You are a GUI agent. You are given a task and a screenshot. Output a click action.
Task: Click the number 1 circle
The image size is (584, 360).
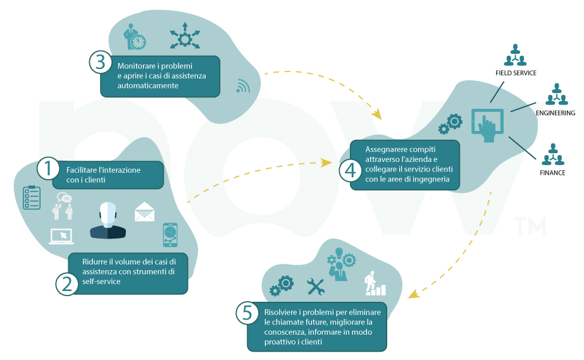pos(48,168)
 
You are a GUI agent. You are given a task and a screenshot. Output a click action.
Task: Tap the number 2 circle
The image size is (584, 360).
pos(67,285)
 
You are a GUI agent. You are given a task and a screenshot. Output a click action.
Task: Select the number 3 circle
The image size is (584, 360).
pos(101,62)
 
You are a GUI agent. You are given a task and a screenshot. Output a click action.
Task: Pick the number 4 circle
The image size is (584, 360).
pos(351,171)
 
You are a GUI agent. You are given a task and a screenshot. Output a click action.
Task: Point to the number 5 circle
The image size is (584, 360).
pos(247,313)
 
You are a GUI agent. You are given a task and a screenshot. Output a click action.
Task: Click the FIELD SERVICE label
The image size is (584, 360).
pos(516,73)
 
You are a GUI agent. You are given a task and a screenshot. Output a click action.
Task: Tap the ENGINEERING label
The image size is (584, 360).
pos(556,113)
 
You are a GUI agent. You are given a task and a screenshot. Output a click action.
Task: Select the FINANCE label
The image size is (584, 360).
pos(552,173)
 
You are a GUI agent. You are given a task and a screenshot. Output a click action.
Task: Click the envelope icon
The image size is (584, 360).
pos(144,212)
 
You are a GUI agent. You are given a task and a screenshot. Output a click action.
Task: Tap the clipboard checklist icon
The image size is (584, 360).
pos(32,197)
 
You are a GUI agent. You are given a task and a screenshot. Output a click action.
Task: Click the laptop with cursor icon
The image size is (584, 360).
pos(61,237)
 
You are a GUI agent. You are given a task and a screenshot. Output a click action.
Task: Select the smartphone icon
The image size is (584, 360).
pos(170,235)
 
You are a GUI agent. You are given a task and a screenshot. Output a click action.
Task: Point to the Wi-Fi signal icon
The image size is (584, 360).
pos(243,87)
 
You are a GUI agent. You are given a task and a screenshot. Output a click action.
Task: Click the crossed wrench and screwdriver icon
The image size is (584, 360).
pos(316,287)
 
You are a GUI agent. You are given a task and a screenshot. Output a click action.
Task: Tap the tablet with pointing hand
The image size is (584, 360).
pos(488,125)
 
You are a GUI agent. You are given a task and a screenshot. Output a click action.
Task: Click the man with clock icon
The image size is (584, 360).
pos(135,37)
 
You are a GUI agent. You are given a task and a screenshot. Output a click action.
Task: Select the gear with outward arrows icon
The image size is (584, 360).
pos(185,36)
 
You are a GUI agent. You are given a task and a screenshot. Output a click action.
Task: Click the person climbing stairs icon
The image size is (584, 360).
pos(375,283)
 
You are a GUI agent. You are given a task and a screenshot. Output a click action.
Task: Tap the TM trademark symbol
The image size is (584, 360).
pos(530,225)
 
